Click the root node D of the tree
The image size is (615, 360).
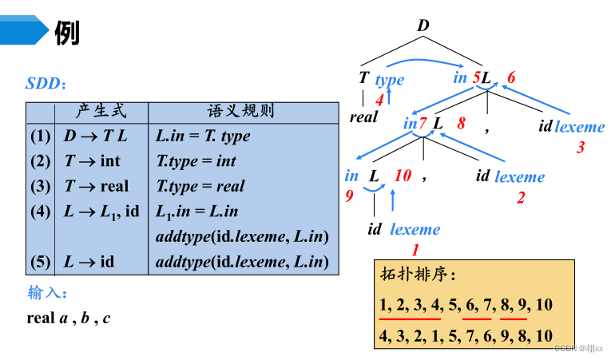(x=423, y=26)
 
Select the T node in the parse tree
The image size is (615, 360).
(x=363, y=78)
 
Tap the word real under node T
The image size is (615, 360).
(x=363, y=117)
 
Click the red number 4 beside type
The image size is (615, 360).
(x=379, y=99)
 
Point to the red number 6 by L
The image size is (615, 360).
(x=511, y=77)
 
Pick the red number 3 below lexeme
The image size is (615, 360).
(x=581, y=147)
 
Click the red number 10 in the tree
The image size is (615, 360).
(x=403, y=176)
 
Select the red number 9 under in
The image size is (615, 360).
(x=349, y=196)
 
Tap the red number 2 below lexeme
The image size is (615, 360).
(x=520, y=197)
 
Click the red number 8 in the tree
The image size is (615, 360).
(x=461, y=124)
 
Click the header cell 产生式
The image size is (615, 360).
(x=101, y=111)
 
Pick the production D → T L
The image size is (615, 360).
(x=95, y=136)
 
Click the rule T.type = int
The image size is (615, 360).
(x=196, y=161)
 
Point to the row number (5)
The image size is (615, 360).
(x=41, y=262)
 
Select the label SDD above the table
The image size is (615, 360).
(x=43, y=83)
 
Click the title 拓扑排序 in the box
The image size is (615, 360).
(x=417, y=275)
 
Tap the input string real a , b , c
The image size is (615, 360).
(x=68, y=318)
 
